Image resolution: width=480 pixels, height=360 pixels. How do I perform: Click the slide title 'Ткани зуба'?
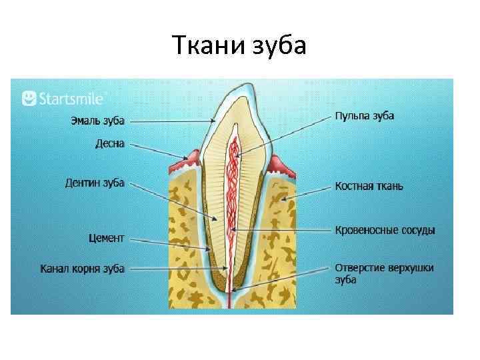point(239,46)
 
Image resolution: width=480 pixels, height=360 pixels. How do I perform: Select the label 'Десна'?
point(109,143)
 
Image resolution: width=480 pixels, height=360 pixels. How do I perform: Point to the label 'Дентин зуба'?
point(95,183)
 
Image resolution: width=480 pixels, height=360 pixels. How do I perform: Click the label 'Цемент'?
point(106,237)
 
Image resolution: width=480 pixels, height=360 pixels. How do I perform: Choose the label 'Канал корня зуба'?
point(82,269)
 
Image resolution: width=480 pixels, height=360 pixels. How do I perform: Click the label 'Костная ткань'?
point(369,187)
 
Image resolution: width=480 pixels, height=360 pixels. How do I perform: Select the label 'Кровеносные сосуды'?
point(385,231)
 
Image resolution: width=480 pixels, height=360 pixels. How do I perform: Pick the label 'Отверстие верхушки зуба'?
point(383,273)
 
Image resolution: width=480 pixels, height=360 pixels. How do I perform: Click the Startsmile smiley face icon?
point(29,99)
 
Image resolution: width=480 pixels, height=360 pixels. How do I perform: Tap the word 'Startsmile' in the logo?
point(71,99)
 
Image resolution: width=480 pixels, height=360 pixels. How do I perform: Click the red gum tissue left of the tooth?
point(183,162)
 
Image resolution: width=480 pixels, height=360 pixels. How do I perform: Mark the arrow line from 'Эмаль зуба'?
point(172,121)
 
